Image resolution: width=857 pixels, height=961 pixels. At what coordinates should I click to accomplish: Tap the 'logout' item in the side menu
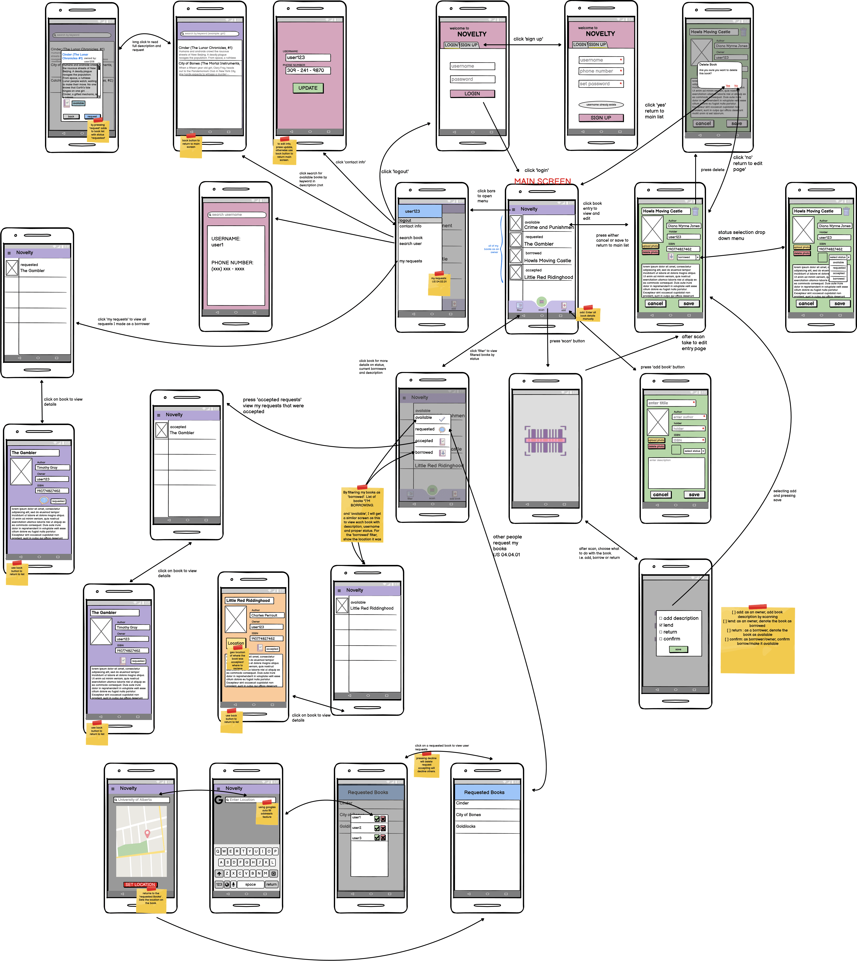pyautogui.click(x=405, y=220)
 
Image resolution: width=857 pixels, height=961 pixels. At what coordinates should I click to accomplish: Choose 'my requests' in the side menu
pyautogui.click(x=411, y=261)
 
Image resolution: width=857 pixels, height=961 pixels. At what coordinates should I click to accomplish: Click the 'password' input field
pyautogui.click(x=472, y=79)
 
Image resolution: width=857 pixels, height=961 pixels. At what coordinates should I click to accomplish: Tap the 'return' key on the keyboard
pyautogui.click(x=271, y=884)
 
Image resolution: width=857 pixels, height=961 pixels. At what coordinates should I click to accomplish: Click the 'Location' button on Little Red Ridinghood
pyautogui.click(x=236, y=643)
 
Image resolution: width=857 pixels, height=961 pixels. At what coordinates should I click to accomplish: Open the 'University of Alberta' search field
pyautogui.click(x=141, y=799)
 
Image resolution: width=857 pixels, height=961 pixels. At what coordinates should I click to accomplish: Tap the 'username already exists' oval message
pyautogui.click(x=601, y=104)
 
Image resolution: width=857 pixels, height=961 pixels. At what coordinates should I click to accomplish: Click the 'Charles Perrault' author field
pyautogui.click(x=267, y=615)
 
